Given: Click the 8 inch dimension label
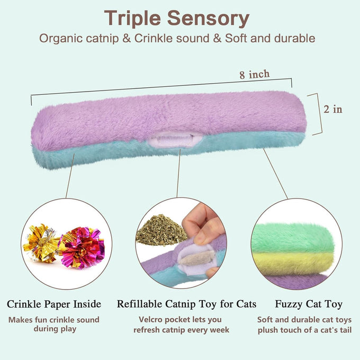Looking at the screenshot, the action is click(255, 75).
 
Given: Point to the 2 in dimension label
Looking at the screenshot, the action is click(333, 109).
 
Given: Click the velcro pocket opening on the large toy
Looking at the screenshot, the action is click(175, 140).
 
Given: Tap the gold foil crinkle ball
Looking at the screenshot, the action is click(41, 243).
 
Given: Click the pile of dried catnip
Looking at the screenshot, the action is click(161, 230).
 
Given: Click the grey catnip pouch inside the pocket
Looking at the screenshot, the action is click(197, 258).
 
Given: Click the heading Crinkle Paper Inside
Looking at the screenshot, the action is click(54, 304).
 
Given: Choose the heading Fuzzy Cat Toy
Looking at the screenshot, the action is click(309, 304).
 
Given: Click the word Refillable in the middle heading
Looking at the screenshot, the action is click(140, 304).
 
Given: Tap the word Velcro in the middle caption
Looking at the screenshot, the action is click(150, 319).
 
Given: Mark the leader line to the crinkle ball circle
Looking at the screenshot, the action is click(70, 176).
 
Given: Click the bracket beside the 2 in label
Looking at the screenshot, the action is click(318, 114).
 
